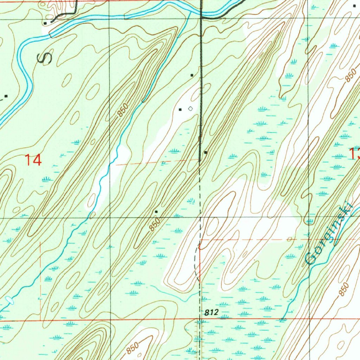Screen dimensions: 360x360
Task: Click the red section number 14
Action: tap(33, 160)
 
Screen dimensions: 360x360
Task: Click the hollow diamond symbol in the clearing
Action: tap(190, 109)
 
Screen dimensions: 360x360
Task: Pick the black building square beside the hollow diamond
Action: tap(180, 110)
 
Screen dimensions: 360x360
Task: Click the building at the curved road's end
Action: tap(45, 23)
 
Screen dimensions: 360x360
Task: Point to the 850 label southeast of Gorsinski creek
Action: tap(345, 289)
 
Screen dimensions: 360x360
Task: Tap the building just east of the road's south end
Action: tap(206, 153)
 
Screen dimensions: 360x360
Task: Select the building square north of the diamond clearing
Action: tap(192, 75)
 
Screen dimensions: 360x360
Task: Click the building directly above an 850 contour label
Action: tap(156, 212)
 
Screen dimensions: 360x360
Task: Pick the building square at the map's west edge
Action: tap(6, 96)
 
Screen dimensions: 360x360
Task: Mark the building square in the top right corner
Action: tap(354, 6)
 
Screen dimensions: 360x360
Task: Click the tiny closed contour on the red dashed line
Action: tap(289, 239)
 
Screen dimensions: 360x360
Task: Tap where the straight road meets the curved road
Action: tap(201, 15)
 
